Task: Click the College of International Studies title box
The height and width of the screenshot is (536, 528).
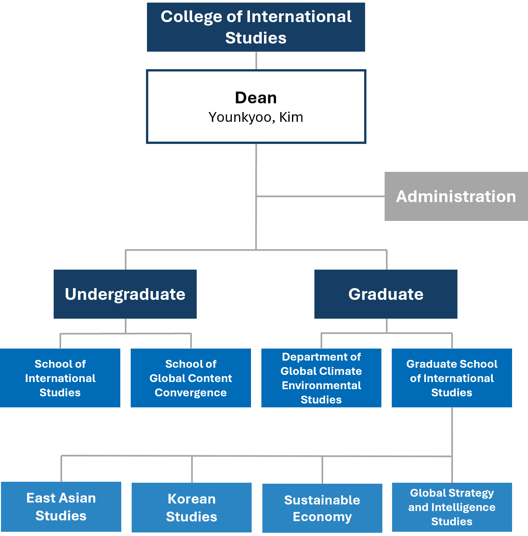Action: click(256, 27)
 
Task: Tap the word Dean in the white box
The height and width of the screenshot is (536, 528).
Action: click(256, 98)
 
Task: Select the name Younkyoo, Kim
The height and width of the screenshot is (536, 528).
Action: click(256, 117)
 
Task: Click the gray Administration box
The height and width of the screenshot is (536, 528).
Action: click(456, 197)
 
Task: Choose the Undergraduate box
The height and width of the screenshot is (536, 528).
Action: click(125, 294)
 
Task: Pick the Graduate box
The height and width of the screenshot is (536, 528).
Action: click(386, 294)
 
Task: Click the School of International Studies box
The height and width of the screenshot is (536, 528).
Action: click(60, 378)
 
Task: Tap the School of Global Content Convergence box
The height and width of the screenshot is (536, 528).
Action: click(191, 378)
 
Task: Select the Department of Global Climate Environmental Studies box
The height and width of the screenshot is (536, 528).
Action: click(321, 378)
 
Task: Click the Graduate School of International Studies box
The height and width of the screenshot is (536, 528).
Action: click(452, 378)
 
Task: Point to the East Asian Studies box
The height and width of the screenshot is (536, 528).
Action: click(61, 507)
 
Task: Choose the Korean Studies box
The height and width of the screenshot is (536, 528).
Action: click(191, 507)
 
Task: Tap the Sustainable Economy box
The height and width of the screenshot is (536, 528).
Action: click(322, 508)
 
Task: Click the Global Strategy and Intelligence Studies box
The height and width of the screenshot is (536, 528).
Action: click(452, 507)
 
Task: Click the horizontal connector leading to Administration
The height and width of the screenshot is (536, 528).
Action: click(320, 196)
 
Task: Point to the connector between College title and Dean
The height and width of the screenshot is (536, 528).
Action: click(256, 60)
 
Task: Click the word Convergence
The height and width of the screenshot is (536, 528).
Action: click(191, 393)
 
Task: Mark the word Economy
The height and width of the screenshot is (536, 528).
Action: click(322, 517)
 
